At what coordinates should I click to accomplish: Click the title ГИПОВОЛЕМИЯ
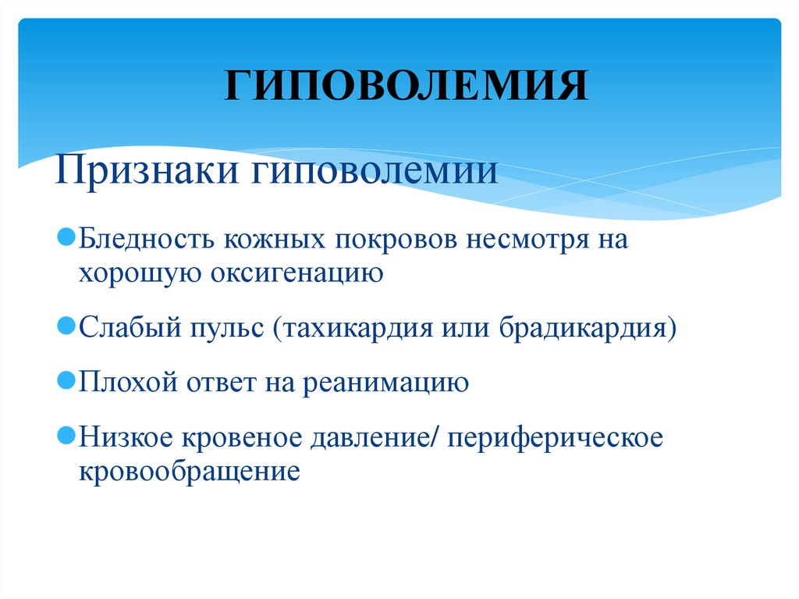406,84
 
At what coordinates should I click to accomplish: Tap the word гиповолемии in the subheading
375,170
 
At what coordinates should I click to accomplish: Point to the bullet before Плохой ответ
66,380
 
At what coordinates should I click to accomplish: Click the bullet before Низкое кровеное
66,436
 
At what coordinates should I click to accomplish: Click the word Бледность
146,239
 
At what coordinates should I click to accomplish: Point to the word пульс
227,327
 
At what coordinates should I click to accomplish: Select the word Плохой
128,382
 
